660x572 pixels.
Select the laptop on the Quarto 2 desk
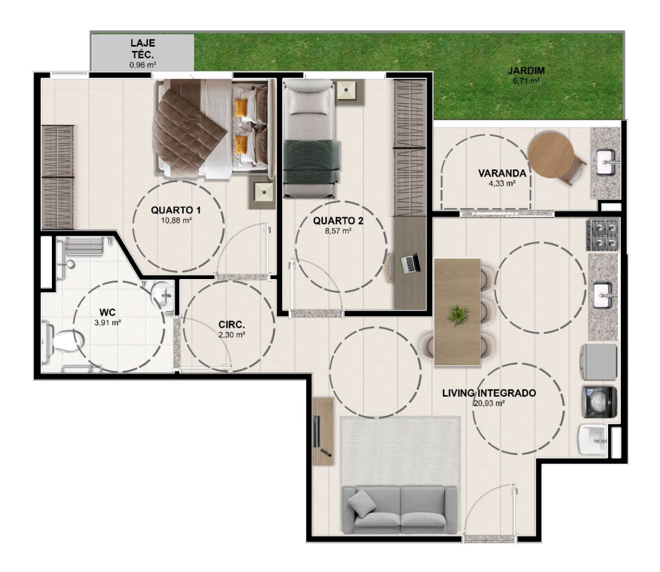411,263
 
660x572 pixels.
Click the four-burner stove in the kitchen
602,235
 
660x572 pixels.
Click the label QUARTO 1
176,210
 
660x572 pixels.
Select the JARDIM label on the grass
526,71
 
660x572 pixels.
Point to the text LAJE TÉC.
142,48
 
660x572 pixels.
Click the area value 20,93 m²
489,403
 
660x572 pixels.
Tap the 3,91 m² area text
108,322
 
